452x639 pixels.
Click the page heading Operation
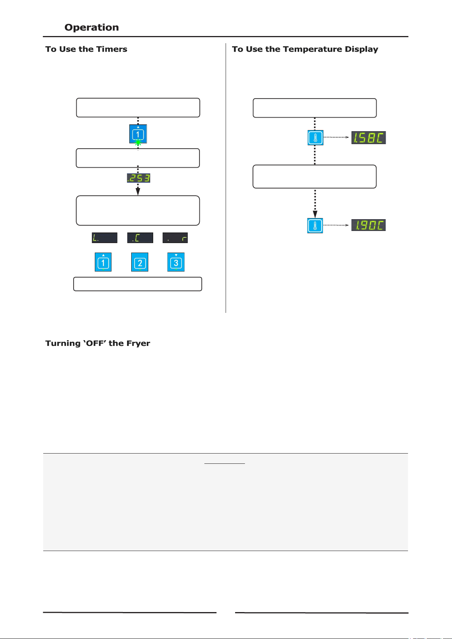click(x=91, y=27)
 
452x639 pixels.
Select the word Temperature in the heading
click(x=312, y=49)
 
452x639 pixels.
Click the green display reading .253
click(x=138, y=178)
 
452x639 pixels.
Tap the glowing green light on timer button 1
click(x=138, y=142)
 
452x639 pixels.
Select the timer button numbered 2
click(x=140, y=262)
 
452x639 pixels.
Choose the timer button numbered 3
click(x=176, y=262)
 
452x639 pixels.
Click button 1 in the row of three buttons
click(x=103, y=262)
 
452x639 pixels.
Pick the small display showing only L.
click(x=104, y=238)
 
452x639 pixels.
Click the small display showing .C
click(x=140, y=238)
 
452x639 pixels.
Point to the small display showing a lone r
click(x=175, y=238)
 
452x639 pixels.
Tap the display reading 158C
click(x=369, y=138)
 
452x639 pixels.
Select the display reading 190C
click(x=369, y=225)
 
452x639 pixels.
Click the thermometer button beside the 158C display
click(x=315, y=138)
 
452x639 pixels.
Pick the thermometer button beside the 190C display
click(x=315, y=225)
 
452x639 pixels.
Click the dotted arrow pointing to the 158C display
click(x=336, y=137)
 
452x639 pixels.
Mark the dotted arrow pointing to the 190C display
click(x=336, y=225)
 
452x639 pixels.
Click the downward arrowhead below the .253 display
click(x=138, y=192)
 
